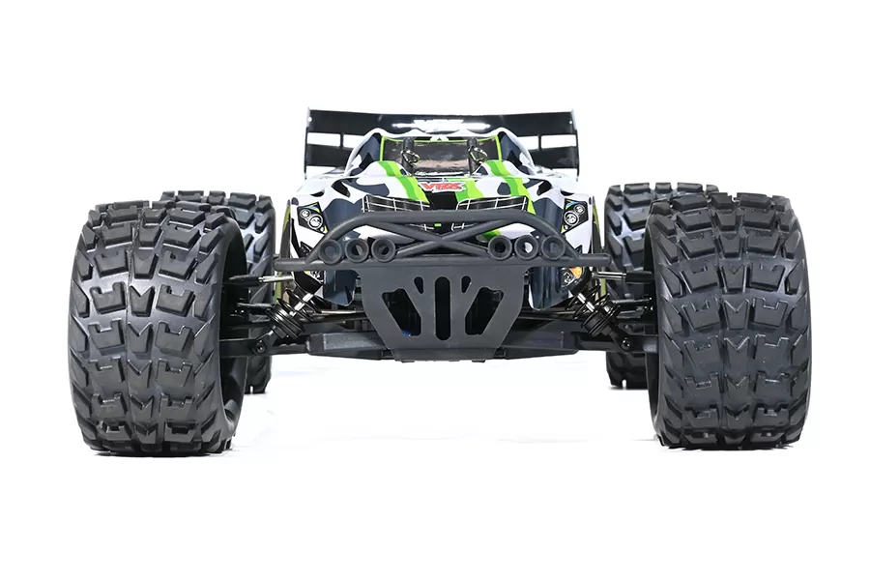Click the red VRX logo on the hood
pos(441,186)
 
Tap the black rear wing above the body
pos(441,123)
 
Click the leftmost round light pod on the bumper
pos(331,250)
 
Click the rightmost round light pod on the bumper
pos(552,247)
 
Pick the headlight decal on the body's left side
pos(311,217)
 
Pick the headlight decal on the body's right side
pos(575,214)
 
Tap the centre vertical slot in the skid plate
pos(442,308)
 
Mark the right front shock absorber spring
pos(591,309)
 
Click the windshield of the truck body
pos(441,154)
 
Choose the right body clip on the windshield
pos(475,153)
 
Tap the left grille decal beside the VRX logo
pos(393,203)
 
